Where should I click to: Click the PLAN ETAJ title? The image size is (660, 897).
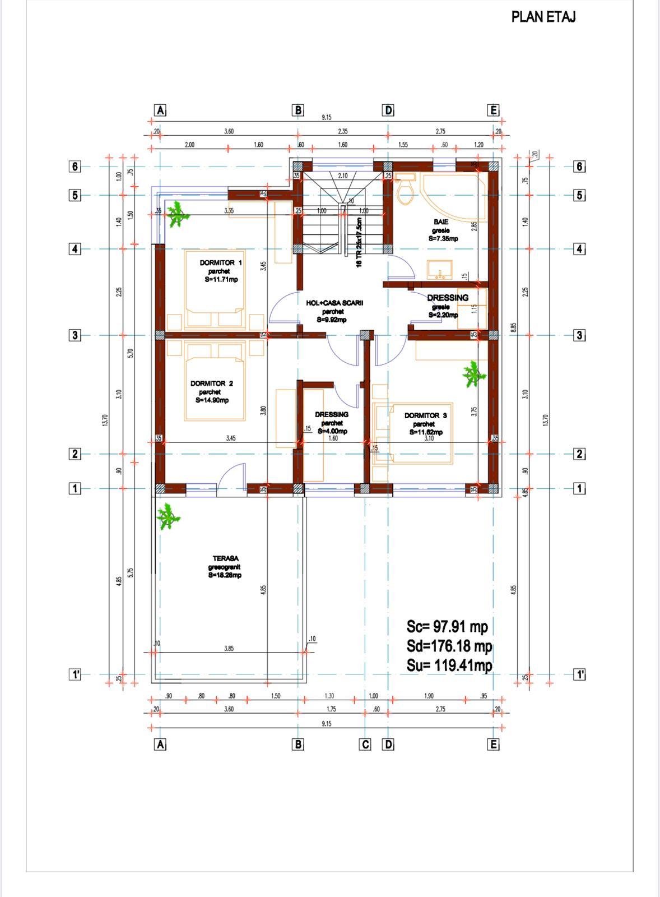click(543, 17)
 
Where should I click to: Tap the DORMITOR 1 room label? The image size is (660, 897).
click(221, 263)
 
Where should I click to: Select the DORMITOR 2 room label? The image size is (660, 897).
click(211, 384)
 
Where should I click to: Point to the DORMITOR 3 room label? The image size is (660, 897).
click(425, 416)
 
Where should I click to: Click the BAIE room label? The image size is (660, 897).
click(441, 222)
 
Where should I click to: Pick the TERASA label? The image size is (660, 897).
click(225, 559)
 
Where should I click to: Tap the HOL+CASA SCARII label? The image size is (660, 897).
click(334, 303)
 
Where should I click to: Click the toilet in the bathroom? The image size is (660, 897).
click(404, 190)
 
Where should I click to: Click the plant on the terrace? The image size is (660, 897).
click(168, 516)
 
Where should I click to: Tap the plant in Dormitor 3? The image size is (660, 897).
click(473, 374)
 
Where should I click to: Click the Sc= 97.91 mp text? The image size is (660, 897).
click(447, 627)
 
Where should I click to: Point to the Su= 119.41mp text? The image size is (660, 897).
click(449, 665)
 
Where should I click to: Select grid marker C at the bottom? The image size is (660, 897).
click(365, 745)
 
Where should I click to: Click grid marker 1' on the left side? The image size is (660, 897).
click(75, 674)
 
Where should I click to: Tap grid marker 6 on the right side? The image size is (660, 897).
click(580, 167)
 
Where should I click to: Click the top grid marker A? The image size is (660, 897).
click(160, 110)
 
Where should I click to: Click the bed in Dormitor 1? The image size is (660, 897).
click(215, 289)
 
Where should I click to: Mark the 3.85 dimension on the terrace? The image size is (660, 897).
click(229, 649)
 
